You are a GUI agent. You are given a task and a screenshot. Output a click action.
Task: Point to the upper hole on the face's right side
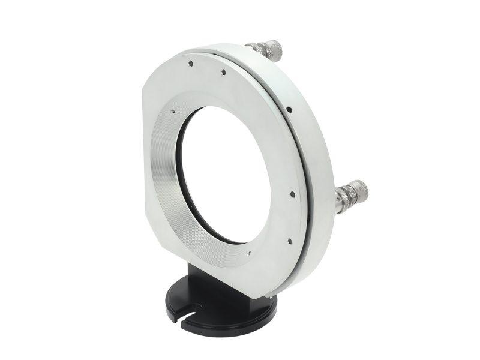290,194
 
